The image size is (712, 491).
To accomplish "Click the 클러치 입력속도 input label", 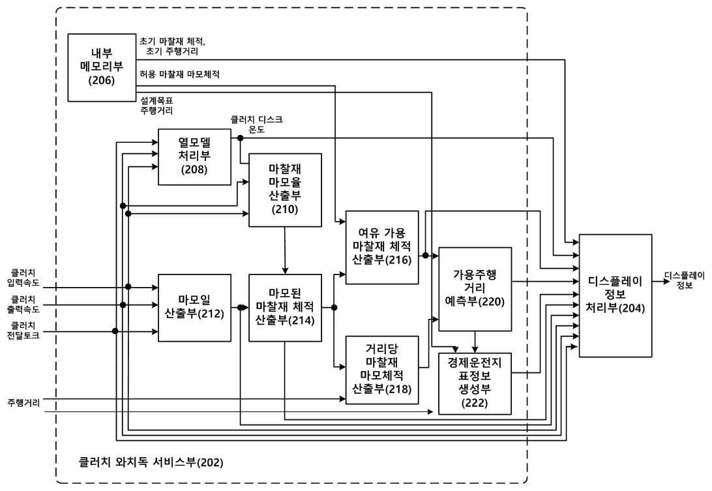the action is click(23, 278).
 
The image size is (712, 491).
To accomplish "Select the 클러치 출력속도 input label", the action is click(23, 305).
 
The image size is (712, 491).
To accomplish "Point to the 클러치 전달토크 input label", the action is click(23, 331).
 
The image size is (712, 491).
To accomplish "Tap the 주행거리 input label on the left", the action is click(23, 402).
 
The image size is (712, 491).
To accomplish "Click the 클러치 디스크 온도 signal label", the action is click(256, 124).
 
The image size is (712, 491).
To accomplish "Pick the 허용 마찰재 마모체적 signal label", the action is click(180, 74).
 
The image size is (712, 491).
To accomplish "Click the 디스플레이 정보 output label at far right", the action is click(685, 280).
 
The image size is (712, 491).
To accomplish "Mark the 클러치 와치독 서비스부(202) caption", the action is click(151, 462).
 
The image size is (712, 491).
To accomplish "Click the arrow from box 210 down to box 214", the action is click(285, 250).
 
